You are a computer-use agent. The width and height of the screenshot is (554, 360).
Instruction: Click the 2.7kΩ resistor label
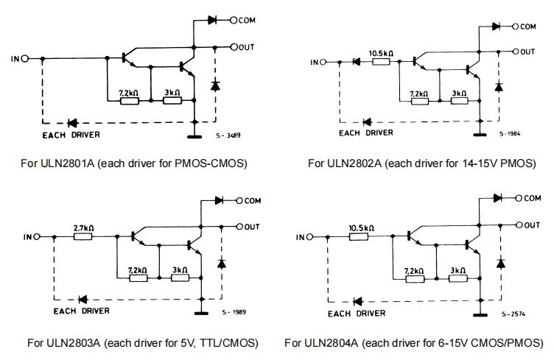point(82,228)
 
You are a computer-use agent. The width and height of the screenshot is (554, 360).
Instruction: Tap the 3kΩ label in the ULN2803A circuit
point(179,269)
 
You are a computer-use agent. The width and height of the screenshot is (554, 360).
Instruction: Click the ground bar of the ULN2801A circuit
point(194,135)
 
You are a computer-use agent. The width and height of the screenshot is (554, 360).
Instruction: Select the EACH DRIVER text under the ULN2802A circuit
point(364,133)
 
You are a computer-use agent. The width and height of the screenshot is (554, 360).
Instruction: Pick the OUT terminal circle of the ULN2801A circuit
point(234,47)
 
